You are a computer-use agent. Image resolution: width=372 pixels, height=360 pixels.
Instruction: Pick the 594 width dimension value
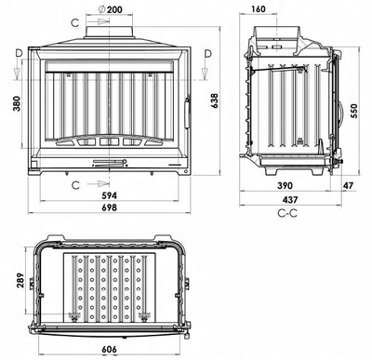[x=111, y=195]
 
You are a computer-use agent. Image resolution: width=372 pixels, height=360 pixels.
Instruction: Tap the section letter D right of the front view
[x=206, y=54]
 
